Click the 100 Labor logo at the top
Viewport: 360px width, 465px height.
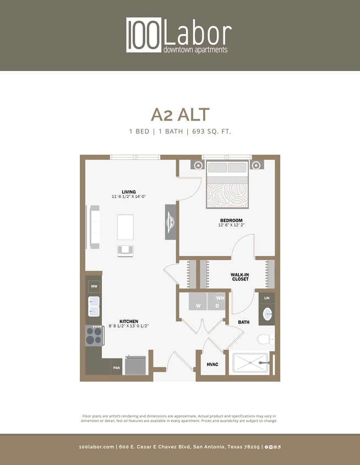[x=179, y=35]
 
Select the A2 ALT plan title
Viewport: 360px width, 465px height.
[x=180, y=114]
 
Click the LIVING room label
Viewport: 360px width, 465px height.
[x=129, y=192]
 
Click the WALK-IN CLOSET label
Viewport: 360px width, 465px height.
[x=240, y=277]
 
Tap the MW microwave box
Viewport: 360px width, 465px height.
[x=94, y=286]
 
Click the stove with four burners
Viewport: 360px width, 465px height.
[x=94, y=336]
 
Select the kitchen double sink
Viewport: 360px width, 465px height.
[x=94, y=307]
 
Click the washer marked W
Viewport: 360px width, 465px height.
[x=198, y=302]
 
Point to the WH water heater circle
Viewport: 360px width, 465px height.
[x=220, y=298]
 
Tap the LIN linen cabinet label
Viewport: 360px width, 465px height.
[x=267, y=298]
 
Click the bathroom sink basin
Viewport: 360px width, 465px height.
[x=267, y=315]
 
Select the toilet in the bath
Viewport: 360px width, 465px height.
[x=265, y=339]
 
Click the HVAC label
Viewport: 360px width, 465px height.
[x=213, y=365]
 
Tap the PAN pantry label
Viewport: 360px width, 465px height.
[x=117, y=367]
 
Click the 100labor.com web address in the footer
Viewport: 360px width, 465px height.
[x=96, y=447]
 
